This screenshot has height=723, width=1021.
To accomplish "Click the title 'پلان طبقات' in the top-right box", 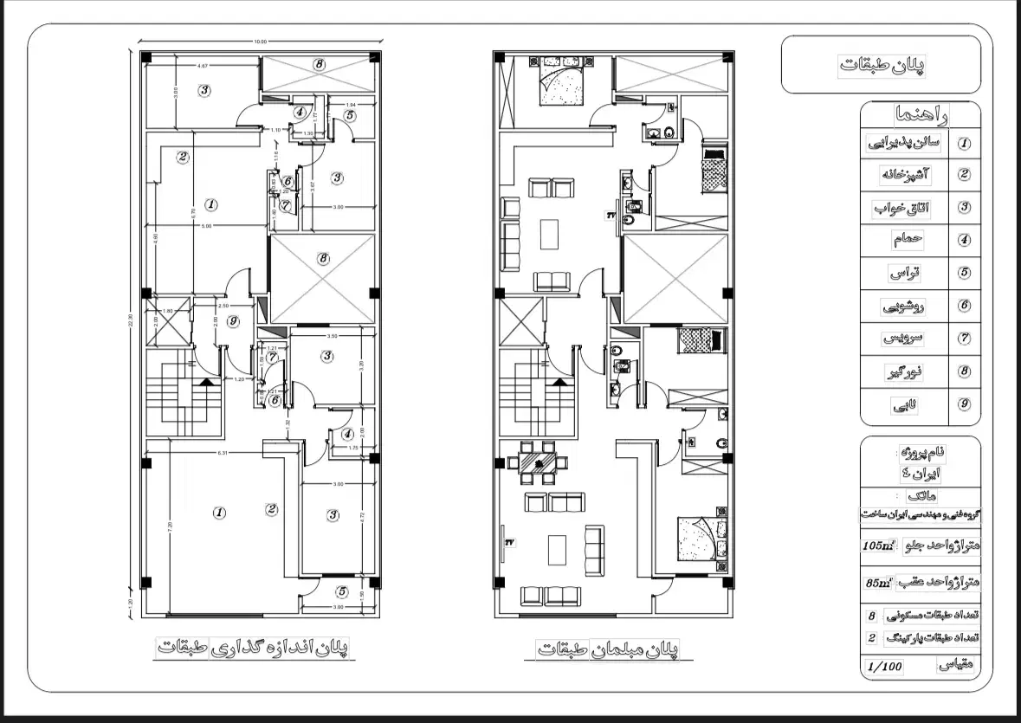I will click(882, 65).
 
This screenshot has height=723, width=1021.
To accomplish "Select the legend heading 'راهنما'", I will click(920, 114).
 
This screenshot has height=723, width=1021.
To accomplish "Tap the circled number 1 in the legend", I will click(964, 144).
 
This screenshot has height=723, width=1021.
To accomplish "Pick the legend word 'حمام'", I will click(905, 240).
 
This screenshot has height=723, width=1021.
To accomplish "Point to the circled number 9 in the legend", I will click(964, 404).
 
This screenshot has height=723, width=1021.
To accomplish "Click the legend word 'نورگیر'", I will click(906, 371).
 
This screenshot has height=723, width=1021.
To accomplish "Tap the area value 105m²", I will click(878, 545).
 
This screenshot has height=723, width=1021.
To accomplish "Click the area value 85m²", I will click(878, 583).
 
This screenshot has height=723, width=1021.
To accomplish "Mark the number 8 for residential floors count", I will click(871, 617).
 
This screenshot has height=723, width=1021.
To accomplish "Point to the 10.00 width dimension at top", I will click(260, 42).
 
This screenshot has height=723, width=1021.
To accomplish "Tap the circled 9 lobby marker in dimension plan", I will click(232, 322).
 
